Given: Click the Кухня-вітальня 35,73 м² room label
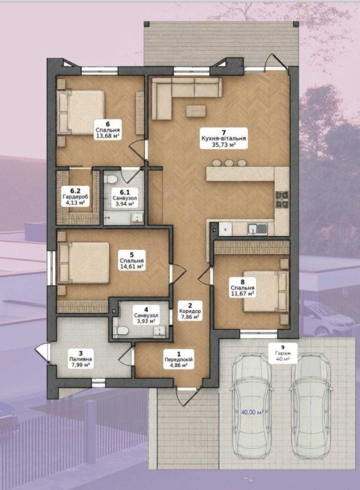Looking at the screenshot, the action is [x=224, y=138].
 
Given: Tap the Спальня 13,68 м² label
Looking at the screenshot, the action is [x=108, y=129].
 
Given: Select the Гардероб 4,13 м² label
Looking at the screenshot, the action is [x=75, y=196].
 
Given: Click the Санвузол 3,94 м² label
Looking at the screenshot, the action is [x=124, y=198].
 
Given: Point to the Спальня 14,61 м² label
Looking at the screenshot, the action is [x=132, y=260].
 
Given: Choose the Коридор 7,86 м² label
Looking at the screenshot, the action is [x=190, y=311].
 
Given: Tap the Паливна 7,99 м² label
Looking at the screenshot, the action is [x=80, y=359].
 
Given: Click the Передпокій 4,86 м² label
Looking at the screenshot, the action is [x=179, y=359].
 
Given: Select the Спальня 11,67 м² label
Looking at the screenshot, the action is [x=242, y=287].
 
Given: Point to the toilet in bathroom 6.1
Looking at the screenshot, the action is [x=110, y=179].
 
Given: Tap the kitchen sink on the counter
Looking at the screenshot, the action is [x=258, y=229].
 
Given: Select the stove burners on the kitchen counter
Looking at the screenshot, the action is [x=282, y=200].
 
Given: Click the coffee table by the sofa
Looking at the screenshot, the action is [x=196, y=110].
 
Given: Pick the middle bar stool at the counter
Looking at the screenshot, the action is [x=229, y=163].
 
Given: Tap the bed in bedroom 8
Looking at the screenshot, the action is [x=266, y=291].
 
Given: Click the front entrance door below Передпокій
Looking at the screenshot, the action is [x=187, y=396].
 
